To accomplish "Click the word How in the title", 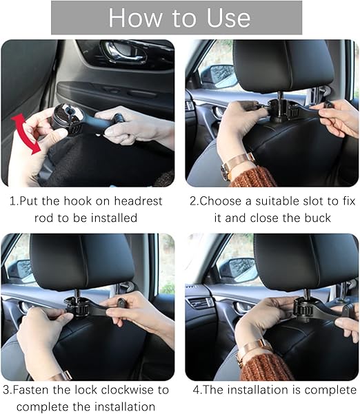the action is [135, 18].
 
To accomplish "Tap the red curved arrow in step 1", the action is [26, 134].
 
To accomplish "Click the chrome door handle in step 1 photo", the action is [123, 52].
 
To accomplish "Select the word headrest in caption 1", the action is [138, 201].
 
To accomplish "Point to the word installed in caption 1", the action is [114, 218].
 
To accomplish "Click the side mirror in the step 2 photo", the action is [219, 76].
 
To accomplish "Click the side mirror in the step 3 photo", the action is [21, 270].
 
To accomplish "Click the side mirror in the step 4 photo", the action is [239, 270].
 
